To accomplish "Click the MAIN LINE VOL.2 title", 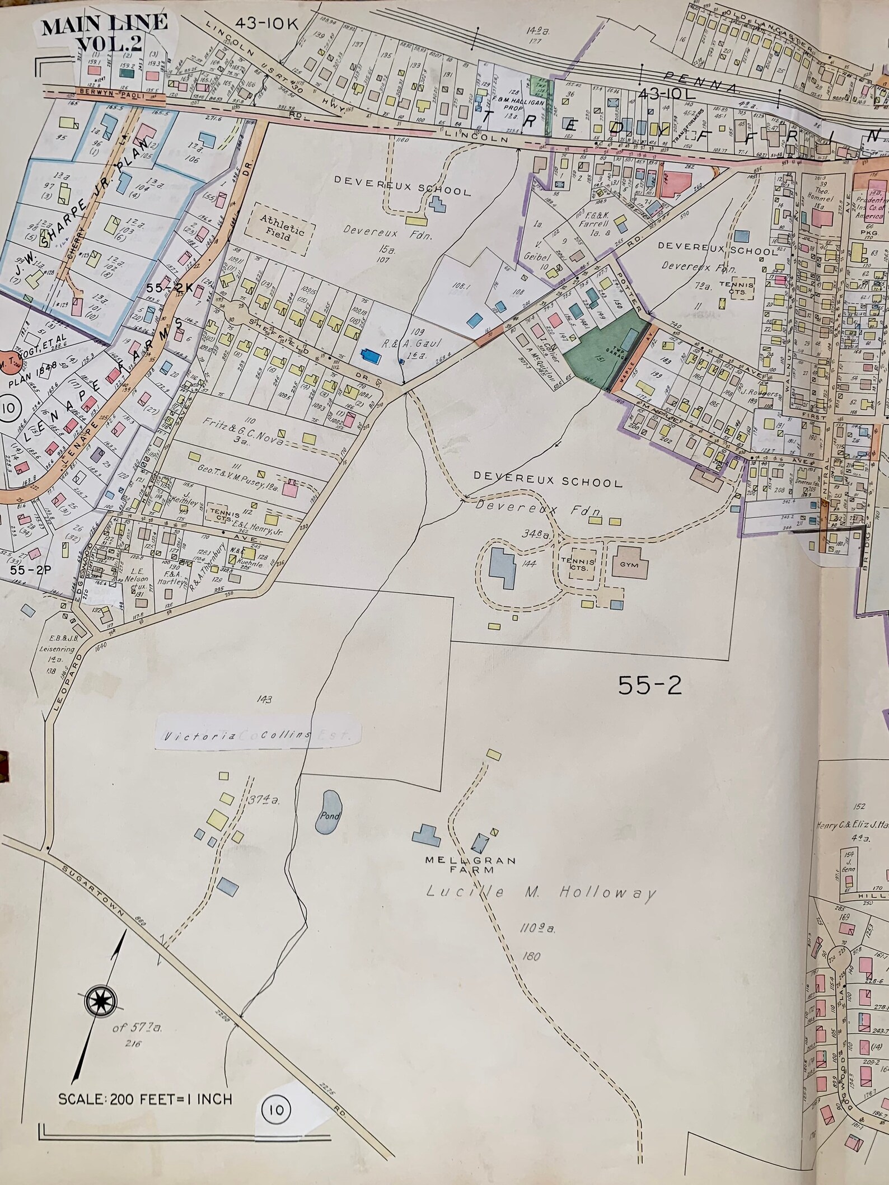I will click(104, 32).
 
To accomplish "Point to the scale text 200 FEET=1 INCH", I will click(144, 1099).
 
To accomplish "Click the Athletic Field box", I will click(282, 229).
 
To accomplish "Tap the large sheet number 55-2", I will click(649, 685).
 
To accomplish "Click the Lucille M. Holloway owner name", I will click(541, 892).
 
